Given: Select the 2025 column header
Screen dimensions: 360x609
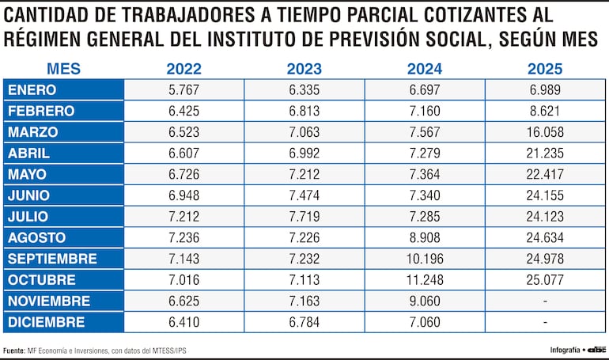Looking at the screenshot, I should [545, 69].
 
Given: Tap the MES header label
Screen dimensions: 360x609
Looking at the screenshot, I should [62, 69].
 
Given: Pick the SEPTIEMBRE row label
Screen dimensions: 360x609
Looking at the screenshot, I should [52, 259].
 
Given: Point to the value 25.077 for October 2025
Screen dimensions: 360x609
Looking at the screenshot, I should [545, 280].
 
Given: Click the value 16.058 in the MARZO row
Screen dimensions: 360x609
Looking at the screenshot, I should [545, 132].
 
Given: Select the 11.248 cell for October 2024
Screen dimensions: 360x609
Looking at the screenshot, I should [425, 280].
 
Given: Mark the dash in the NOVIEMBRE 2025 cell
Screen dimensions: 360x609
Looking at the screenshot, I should [545, 301].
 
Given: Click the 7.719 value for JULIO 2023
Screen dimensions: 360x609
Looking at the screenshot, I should [304, 217].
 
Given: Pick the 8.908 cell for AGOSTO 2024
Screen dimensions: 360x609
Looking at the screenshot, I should [425, 237].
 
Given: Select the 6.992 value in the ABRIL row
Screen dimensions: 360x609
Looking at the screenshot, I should [304, 153].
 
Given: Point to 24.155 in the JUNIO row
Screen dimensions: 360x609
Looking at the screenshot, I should [545, 195].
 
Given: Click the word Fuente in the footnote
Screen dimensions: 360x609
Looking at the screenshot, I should [13, 349].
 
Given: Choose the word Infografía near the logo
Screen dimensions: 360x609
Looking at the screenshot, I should [565, 349].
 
